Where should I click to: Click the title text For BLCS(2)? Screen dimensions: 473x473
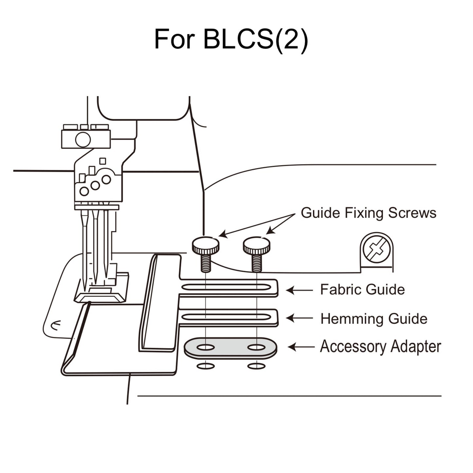click(231, 39)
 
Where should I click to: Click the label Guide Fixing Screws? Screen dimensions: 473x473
click(368, 213)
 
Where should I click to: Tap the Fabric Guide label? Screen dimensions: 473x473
click(362, 290)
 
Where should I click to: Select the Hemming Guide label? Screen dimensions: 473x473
click(373, 319)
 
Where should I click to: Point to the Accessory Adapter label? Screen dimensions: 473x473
click(380, 347)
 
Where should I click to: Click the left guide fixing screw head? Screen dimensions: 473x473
click(205, 246)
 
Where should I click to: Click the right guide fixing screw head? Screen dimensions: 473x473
click(256, 246)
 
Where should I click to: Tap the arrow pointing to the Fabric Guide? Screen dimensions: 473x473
click(299, 290)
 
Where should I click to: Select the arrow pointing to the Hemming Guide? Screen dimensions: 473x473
click(299, 318)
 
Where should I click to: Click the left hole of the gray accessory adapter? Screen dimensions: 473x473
click(206, 347)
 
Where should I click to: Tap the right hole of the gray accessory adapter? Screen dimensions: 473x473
click(256, 347)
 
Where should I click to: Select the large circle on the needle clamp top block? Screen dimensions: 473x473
click(83, 140)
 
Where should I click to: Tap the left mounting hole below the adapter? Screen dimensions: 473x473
click(206, 366)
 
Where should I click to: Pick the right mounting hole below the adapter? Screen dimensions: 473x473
click(256, 366)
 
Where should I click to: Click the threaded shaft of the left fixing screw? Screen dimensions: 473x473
click(206, 264)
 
